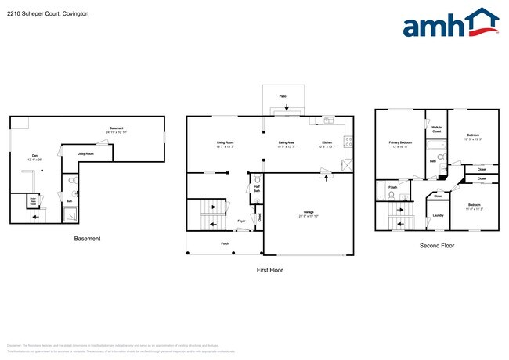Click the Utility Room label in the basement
click(85, 154)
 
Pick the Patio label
click(282, 95)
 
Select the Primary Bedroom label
click(399, 143)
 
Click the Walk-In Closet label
click(436, 129)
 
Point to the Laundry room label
click(438, 215)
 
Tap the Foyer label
click(242, 221)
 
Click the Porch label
click(225, 243)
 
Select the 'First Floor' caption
click(270, 270)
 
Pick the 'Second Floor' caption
click(437, 246)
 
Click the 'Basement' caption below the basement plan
click(87, 239)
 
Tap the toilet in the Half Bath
click(257, 183)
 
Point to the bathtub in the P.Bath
click(381, 190)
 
